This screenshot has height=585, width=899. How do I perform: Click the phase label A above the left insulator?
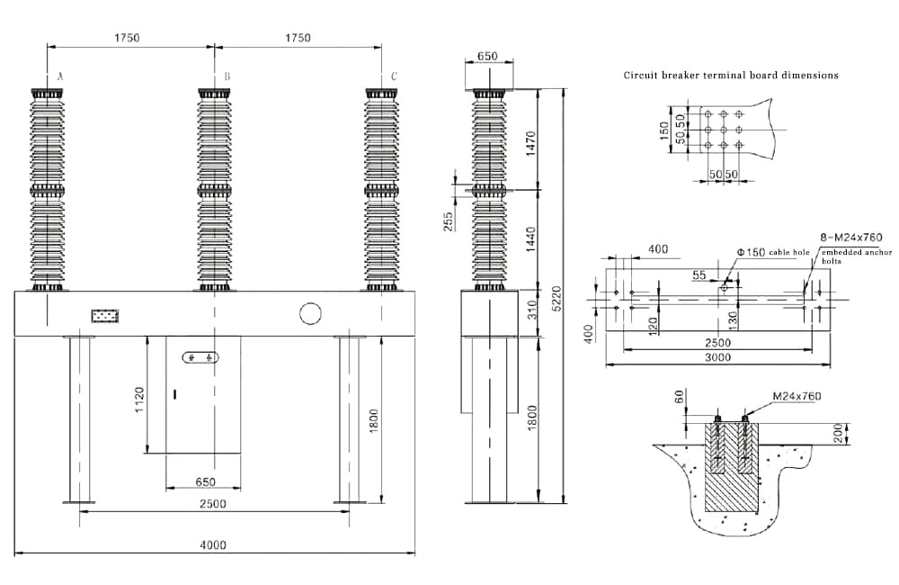point(60,77)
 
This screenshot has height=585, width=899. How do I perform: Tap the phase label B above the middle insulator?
point(227,77)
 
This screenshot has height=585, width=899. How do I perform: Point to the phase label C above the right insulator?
point(394,77)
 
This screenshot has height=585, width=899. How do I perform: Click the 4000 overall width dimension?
point(213,544)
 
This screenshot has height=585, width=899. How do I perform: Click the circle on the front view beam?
point(310,313)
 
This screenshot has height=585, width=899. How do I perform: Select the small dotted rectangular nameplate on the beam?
point(105,316)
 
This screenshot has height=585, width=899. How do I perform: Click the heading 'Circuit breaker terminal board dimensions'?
point(731,76)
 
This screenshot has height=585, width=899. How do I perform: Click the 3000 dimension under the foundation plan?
point(717,357)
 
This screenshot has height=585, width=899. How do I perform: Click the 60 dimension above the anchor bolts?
point(679,397)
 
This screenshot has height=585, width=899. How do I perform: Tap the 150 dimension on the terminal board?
point(665,132)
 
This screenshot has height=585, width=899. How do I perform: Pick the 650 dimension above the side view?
point(486,56)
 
